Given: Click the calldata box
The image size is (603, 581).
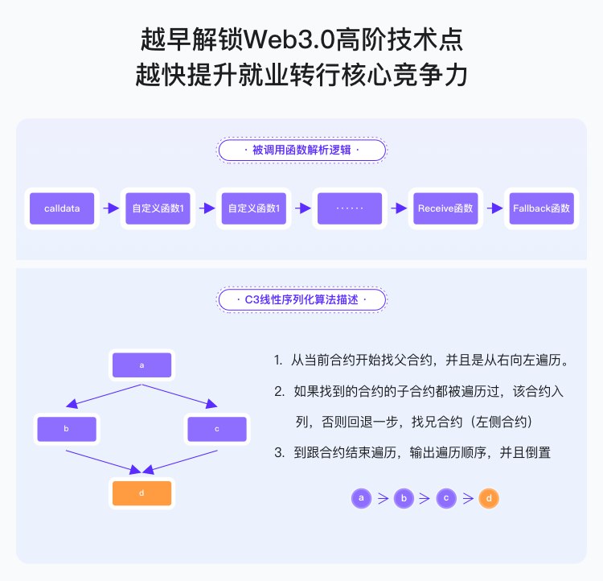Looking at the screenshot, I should tap(61, 208).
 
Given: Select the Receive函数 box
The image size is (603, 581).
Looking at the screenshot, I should tap(445, 208).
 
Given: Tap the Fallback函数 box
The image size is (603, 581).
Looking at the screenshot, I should tap(541, 208).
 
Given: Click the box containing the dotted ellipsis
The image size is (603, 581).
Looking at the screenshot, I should tap(350, 208).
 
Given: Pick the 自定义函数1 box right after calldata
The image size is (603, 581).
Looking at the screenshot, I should tap(158, 208).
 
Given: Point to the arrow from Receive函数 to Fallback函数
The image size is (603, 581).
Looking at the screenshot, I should tap(494, 208).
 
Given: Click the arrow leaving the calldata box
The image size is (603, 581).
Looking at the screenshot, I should tap(110, 208).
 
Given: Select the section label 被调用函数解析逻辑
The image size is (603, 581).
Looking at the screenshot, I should tap(301, 150).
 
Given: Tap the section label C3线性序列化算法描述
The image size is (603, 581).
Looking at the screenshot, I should tap(301, 300).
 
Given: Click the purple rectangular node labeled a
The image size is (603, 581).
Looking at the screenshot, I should tap(142, 365).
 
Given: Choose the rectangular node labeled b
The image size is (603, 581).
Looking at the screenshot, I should tap(66, 429).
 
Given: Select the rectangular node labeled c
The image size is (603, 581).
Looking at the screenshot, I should tap(217, 429).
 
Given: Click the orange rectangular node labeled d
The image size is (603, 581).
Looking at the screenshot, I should tap(142, 493).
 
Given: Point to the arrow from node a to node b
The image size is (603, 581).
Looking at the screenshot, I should tap(105, 395).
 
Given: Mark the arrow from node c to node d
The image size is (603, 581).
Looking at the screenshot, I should tap(181, 461).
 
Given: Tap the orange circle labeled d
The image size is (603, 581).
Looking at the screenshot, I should tap(488, 498).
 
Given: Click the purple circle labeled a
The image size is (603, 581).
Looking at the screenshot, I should tap(362, 498).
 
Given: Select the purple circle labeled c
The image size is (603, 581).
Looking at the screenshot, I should tap(446, 498).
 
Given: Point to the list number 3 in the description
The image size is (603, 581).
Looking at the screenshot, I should tap(278, 453).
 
